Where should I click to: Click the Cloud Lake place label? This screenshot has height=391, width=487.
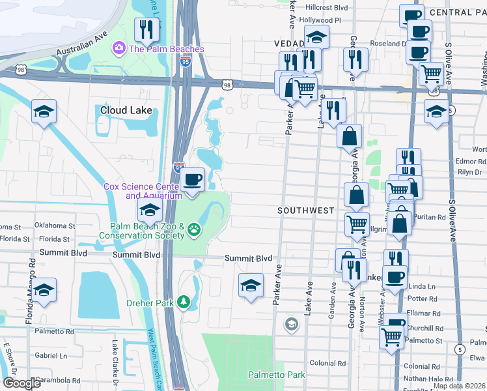click(127, 110)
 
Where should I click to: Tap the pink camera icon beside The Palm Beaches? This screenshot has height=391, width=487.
click(118, 48)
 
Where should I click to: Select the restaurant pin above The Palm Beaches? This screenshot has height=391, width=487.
click(146, 30)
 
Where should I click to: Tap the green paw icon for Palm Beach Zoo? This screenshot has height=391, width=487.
click(193, 229)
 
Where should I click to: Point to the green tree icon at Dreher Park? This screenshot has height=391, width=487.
click(184, 302)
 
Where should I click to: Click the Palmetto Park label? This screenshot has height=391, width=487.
click(276, 375)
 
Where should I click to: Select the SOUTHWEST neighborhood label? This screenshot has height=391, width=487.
click(305, 210)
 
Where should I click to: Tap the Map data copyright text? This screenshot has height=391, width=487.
click(459, 386)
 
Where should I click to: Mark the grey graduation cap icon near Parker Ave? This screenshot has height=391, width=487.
click(292, 323)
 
